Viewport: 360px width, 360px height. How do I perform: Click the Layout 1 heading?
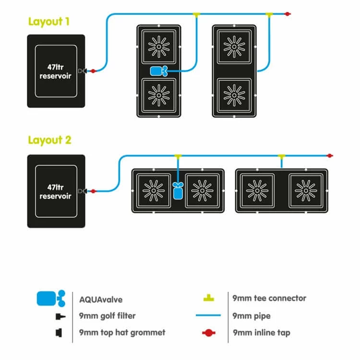(49, 22)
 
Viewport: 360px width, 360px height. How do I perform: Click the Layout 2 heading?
(49, 140)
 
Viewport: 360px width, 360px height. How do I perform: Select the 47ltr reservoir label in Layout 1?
(56, 71)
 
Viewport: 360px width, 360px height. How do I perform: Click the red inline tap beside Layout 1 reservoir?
(93, 71)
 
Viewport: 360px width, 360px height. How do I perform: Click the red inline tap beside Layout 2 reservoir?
(93, 191)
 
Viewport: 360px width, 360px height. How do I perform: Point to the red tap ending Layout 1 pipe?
(287, 14)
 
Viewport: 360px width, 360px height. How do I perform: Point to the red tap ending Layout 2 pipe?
(329, 156)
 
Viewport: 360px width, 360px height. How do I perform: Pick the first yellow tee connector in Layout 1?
(196, 15)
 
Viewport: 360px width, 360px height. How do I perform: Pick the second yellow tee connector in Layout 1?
(269, 15)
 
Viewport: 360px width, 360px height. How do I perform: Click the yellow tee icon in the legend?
(208, 298)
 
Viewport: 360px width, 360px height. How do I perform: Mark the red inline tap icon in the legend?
(208, 332)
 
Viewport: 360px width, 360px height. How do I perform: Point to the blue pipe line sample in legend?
(208, 316)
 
